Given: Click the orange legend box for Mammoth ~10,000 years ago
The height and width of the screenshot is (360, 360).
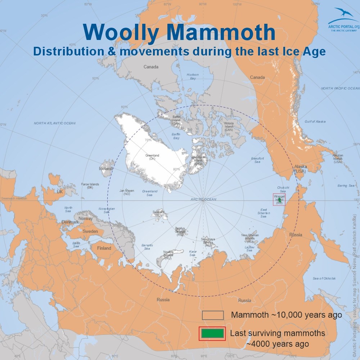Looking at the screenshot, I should point(213,315).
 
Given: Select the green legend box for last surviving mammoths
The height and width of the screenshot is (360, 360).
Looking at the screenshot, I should point(212,333).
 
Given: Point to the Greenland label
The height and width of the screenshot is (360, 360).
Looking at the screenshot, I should point(152,157).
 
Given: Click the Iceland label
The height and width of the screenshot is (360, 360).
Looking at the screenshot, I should point(105,168).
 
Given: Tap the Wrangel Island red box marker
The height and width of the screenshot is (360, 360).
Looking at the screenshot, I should point(279,199).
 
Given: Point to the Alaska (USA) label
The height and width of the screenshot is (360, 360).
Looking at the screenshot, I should point(300,169).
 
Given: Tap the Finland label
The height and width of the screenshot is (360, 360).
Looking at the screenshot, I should point(104,248).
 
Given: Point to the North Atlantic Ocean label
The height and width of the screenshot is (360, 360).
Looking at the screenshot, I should point(55,123).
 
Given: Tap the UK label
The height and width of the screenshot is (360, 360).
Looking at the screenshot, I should point(59,192).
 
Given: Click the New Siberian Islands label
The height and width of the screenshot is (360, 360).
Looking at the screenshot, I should point(250,238).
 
